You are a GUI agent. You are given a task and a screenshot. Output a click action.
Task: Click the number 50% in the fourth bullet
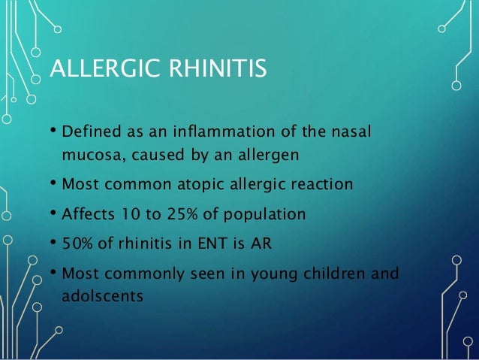(x=77, y=243)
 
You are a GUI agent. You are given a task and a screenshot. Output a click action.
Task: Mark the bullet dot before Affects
(x=54, y=213)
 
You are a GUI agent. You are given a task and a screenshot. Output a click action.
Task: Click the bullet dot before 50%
(x=54, y=242)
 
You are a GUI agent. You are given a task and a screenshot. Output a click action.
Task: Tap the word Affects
(x=88, y=213)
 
